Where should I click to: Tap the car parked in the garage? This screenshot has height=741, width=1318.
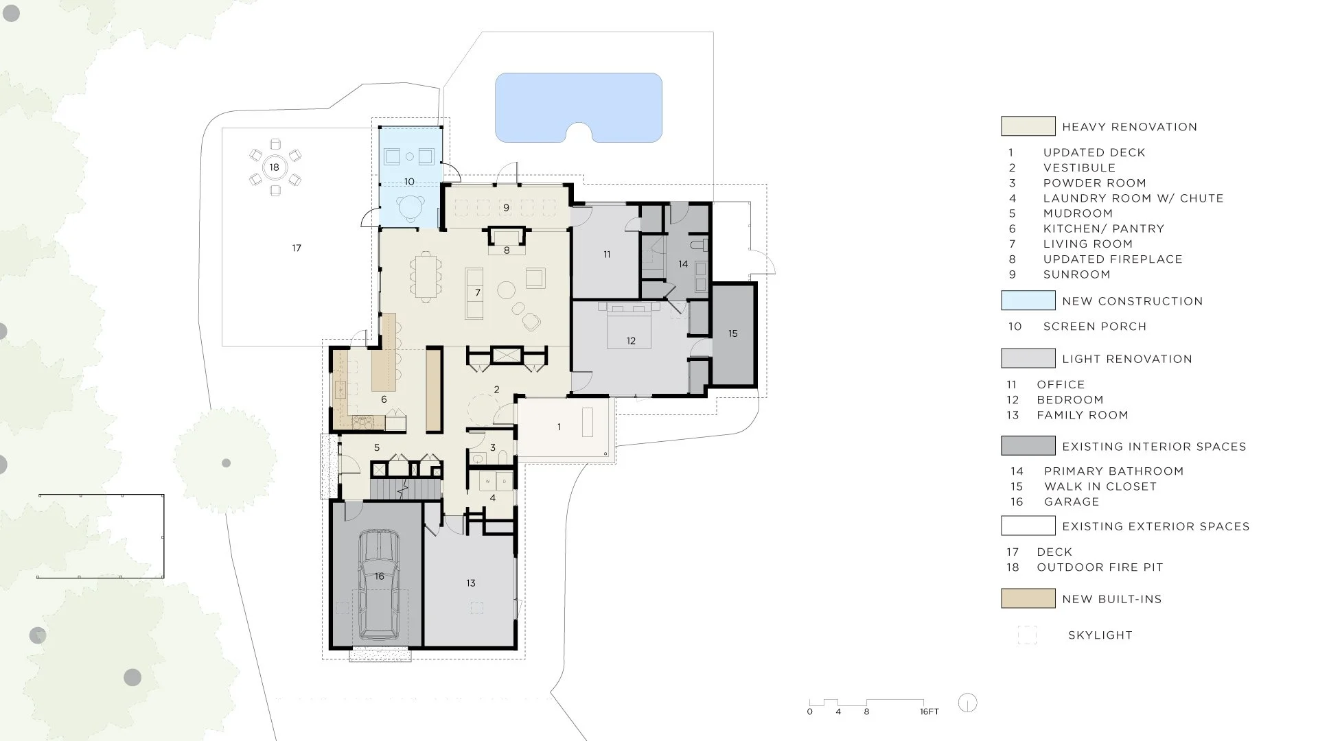380,585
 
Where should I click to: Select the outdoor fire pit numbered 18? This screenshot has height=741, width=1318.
275,167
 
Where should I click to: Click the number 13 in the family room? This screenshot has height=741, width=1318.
471,583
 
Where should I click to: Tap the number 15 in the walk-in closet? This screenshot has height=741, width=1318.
733,333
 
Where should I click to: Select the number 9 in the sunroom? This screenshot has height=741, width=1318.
507,208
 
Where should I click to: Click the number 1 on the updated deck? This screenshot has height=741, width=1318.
559,427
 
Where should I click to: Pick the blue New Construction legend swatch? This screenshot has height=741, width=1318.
1028,301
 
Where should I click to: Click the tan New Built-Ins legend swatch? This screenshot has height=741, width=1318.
1028,598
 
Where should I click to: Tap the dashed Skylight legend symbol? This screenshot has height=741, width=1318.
1027,635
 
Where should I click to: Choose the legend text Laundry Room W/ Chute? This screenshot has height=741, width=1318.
1133,198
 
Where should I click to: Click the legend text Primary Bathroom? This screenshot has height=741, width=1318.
1113,471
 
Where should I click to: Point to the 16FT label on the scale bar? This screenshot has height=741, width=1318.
929,711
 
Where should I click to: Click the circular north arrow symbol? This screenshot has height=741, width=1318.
967,703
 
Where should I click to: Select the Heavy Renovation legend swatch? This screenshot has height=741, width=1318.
1028,126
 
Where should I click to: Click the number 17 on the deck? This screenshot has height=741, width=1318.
297,248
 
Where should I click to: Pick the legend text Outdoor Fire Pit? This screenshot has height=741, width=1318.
1100,567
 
